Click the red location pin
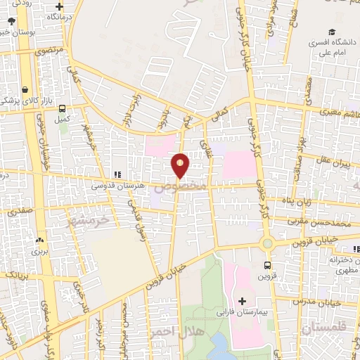click(x=181, y=165)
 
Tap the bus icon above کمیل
click(x=63, y=108)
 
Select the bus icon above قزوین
click(x=267, y=265)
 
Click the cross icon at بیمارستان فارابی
click(x=243, y=300)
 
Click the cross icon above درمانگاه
click(x=60, y=6)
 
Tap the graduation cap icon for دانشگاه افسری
click(x=331, y=32)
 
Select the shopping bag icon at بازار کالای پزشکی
click(x=26, y=90)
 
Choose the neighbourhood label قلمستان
click(x=324, y=328)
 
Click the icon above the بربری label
click(x=39, y=240)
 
